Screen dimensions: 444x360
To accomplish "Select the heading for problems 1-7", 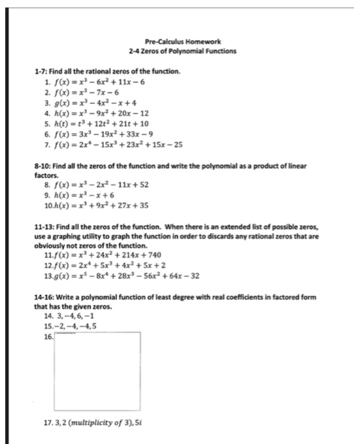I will pos(108,72).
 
